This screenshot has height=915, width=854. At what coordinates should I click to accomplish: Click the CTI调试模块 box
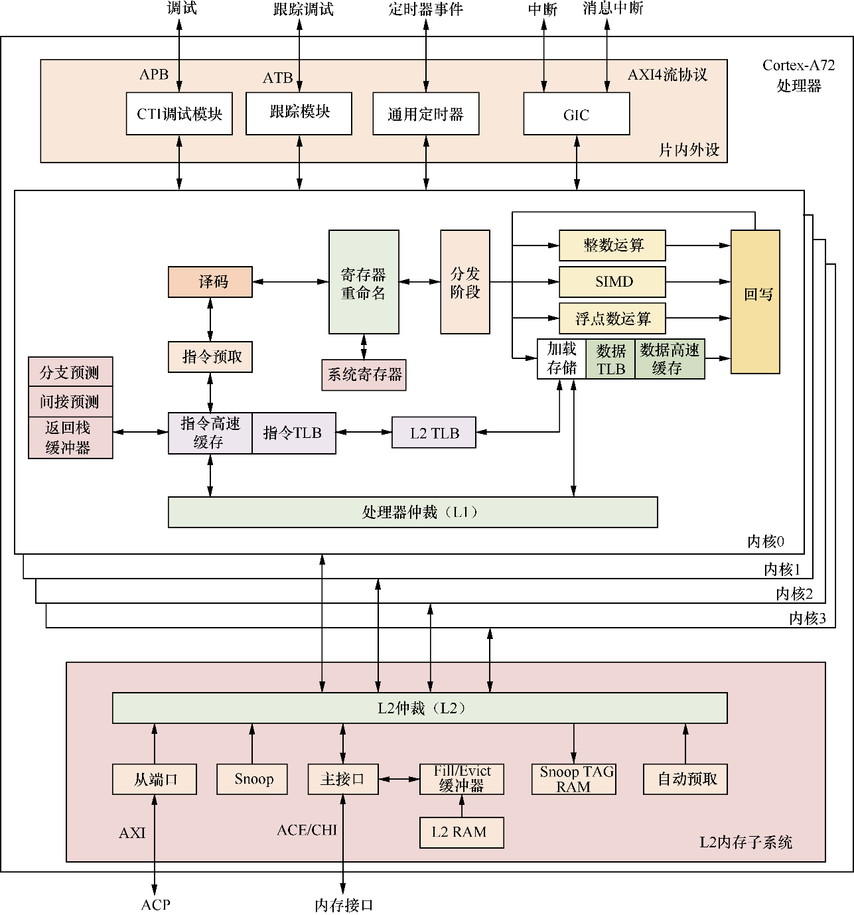[179, 114]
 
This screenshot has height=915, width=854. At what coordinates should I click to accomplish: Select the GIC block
[576, 114]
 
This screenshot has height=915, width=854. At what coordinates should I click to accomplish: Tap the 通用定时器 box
[425, 114]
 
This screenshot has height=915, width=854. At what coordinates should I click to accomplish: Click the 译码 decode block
[210, 282]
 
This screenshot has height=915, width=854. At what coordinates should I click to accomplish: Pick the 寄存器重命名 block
[364, 282]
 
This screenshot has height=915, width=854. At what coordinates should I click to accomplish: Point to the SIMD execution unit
[612, 282]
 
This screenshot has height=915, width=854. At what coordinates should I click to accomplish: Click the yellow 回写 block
[755, 302]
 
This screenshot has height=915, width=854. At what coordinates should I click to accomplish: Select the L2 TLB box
[434, 433]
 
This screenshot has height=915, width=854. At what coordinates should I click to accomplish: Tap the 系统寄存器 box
[364, 375]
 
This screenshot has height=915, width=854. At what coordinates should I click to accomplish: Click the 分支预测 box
[70, 372]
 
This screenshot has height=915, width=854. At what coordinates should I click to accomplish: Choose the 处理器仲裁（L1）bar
[413, 512]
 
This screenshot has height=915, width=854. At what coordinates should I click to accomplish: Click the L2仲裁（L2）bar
[419, 708]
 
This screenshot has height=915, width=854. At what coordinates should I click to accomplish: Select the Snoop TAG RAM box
[574, 779]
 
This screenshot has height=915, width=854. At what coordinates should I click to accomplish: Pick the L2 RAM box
[461, 832]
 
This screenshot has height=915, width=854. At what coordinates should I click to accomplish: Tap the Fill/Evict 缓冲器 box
[461, 779]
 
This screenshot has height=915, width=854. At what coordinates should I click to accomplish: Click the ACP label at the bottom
[155, 904]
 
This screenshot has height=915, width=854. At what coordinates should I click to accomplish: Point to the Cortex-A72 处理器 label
[798, 75]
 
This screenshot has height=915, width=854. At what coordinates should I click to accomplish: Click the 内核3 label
[807, 618]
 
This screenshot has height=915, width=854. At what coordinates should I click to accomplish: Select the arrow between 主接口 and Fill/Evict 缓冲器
[399, 779]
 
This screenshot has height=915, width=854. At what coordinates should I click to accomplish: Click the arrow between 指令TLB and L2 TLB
[364, 433]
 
